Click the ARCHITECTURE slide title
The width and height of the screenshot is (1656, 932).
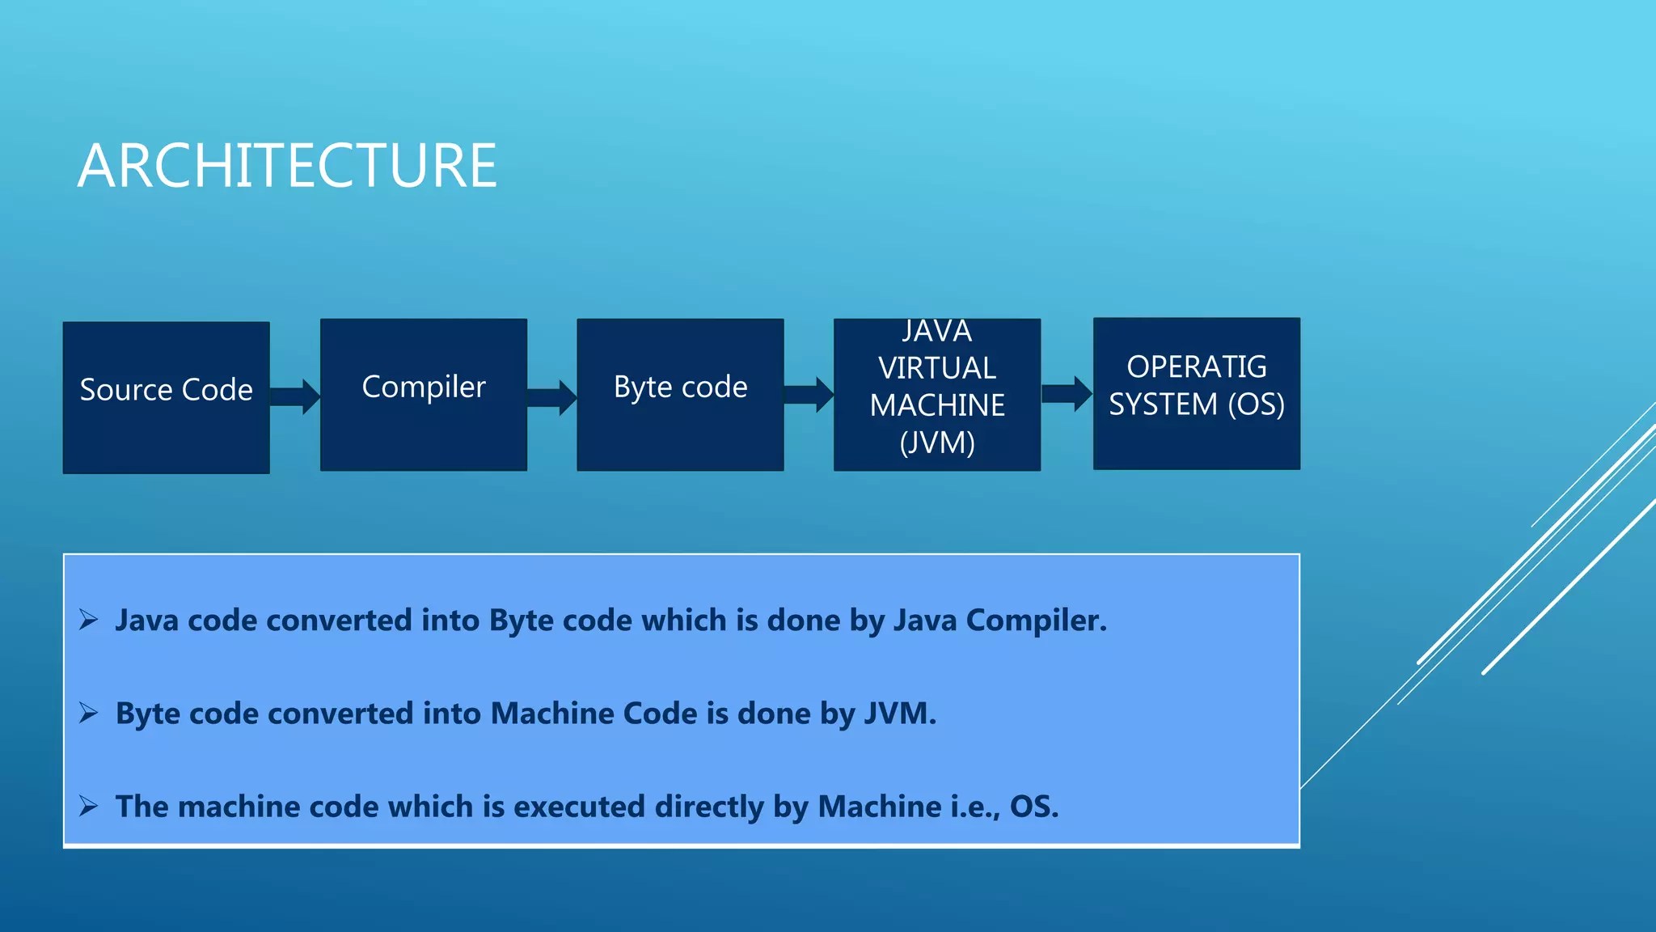click(287, 166)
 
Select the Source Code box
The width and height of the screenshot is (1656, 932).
click(166, 396)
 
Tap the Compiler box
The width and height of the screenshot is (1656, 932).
click(423, 394)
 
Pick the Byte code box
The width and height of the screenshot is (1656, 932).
click(680, 394)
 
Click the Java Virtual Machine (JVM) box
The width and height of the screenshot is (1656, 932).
click(936, 394)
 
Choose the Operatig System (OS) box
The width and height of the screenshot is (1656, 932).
click(1196, 393)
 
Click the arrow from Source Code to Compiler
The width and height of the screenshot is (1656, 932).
click(294, 396)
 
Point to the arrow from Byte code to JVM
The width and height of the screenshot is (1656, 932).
click(809, 394)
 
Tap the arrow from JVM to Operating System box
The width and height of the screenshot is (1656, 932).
click(1067, 393)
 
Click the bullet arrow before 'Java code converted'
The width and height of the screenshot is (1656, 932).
click(88, 621)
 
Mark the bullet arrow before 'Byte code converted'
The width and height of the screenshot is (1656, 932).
click(88, 713)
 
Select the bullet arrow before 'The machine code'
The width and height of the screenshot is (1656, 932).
click(88, 806)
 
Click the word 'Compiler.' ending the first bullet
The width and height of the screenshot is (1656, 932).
click(1036, 621)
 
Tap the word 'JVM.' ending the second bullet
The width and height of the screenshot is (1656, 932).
click(900, 714)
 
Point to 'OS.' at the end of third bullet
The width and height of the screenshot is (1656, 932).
click(1033, 807)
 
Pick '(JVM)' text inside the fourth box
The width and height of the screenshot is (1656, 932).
click(936, 443)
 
